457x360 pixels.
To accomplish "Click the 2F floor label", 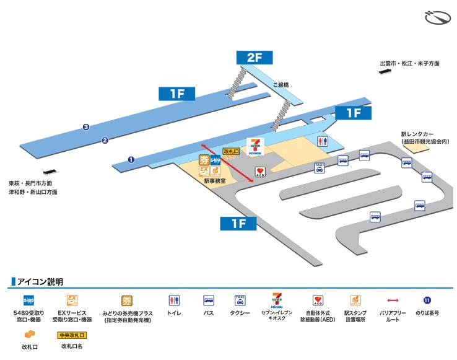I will point(255,58).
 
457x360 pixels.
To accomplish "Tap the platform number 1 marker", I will point(131,159).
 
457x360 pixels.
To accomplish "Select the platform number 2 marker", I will point(105,140).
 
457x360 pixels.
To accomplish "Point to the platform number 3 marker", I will point(86,128).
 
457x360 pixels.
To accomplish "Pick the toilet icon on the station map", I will point(322,141).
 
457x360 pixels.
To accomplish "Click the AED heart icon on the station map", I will point(259,171).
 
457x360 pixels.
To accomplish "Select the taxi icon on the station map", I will point(320,167).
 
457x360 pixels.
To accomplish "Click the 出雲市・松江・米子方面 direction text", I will point(409,63).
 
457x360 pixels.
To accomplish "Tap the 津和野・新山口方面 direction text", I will point(33,192).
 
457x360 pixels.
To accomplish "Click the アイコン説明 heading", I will point(40,282).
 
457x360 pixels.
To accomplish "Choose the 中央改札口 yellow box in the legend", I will point(72,335).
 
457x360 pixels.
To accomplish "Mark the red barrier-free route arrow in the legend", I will point(395,301).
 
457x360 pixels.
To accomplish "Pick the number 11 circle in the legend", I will point(427,301).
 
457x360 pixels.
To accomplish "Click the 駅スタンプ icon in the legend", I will point(355,301).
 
